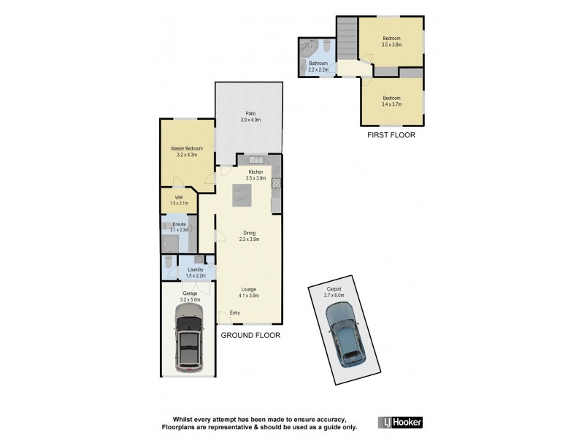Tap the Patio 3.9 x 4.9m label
(250, 117)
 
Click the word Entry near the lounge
(235, 313)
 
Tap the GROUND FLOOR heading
(250, 336)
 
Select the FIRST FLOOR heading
(391, 136)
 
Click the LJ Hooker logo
(400, 423)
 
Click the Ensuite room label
(180, 226)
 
